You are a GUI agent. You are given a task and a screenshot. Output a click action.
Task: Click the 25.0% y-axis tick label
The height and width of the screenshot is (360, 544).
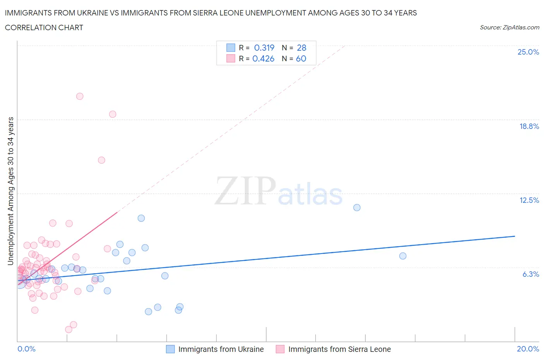tap(528, 52)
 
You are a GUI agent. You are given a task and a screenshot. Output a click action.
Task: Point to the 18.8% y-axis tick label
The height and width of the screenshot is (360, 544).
tap(529, 126)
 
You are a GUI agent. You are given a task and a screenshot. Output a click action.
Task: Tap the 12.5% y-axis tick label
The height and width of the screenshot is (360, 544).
tap(529, 200)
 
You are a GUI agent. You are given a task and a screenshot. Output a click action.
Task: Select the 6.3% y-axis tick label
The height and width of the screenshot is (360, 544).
tap(530, 274)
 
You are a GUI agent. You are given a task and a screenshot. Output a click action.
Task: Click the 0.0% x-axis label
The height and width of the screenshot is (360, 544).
tap(26, 349)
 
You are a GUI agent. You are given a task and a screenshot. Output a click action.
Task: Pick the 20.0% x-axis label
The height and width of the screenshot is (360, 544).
tap(528, 349)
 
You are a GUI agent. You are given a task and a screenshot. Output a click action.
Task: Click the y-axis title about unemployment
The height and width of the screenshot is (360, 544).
tap(11, 191)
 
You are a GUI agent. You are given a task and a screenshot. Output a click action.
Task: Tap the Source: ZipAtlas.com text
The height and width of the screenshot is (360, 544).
tap(509, 27)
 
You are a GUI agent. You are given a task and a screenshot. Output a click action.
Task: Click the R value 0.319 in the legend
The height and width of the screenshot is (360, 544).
tap(264, 48)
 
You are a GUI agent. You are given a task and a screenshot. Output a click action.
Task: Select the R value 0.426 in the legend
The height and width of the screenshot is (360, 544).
tap(263, 58)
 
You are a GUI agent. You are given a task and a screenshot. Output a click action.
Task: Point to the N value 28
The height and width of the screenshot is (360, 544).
tap(301, 48)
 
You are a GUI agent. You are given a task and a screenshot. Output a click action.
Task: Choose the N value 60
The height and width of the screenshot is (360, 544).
tap(301, 58)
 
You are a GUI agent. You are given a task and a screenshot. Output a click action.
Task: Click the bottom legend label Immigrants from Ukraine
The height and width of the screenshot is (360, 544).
tap(221, 349)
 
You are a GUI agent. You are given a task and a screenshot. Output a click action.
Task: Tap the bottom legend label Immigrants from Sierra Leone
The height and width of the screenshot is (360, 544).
tap(339, 349)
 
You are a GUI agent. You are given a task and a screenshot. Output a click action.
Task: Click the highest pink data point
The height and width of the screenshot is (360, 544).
tap(80, 96)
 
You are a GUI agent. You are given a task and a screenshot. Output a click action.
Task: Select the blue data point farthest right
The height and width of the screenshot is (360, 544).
tap(403, 256)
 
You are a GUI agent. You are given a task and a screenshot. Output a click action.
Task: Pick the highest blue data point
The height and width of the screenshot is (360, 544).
tap(357, 207)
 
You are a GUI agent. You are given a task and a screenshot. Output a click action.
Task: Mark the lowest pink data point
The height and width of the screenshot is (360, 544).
tap(68, 329)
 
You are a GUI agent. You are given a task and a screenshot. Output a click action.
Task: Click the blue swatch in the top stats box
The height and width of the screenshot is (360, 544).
tap(231, 48)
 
